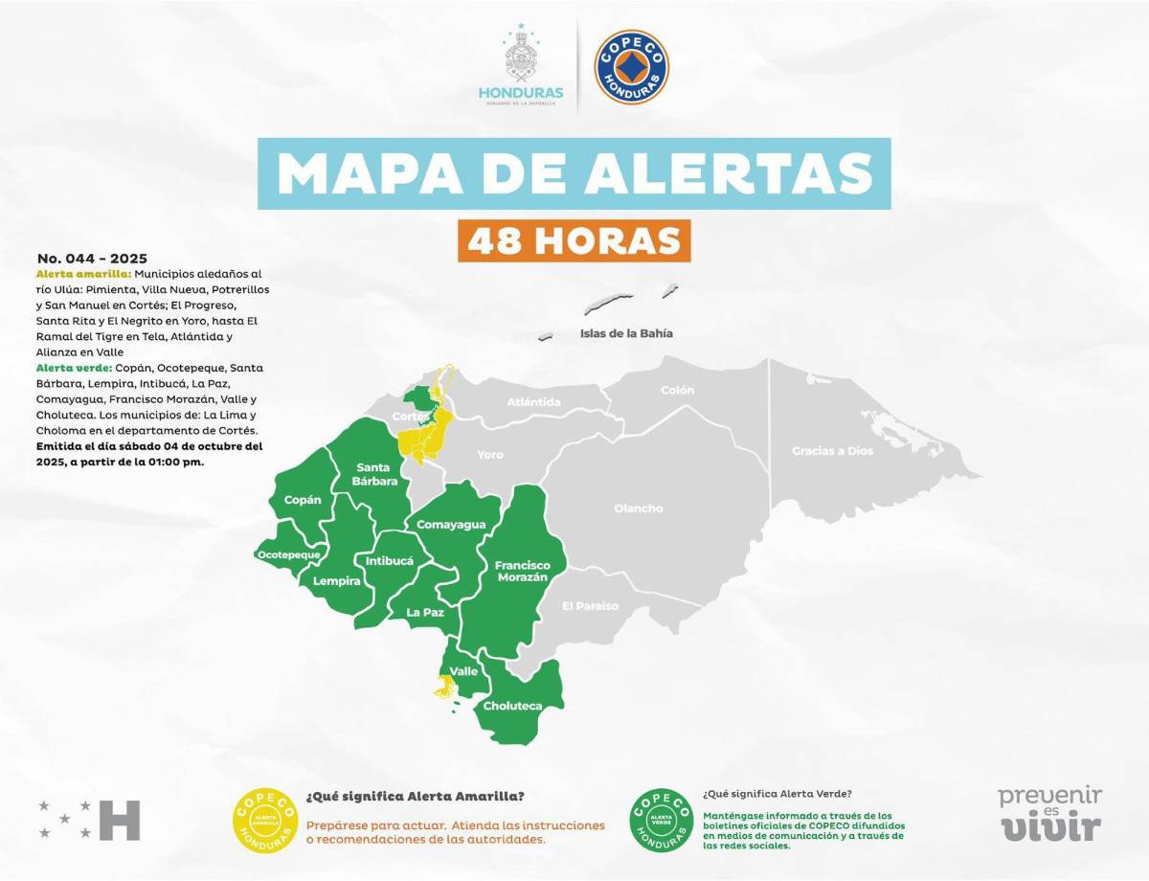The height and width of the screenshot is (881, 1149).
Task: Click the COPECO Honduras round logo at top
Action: click(x=631, y=67)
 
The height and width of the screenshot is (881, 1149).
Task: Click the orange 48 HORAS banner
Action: click(x=574, y=240)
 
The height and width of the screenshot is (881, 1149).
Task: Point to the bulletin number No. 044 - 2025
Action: click(x=92, y=259)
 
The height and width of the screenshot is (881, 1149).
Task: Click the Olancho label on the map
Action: click(x=638, y=508)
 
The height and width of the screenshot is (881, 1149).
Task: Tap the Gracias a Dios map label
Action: click(x=832, y=451)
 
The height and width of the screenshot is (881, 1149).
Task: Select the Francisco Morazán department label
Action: click(x=521, y=572)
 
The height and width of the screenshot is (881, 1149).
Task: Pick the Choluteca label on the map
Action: click(x=512, y=707)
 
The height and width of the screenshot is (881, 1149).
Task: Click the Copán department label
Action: click(x=303, y=500)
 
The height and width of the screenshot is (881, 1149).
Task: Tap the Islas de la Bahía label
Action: click(x=626, y=334)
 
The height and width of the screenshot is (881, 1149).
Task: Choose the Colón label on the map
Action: click(x=677, y=391)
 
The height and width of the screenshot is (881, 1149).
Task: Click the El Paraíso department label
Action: click(x=590, y=606)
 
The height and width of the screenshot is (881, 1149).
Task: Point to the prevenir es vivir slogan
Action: click(x=1050, y=813)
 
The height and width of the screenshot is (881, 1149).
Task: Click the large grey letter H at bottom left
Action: click(x=120, y=820)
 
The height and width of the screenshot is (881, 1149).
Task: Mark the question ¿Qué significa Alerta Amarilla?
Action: click(x=415, y=797)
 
